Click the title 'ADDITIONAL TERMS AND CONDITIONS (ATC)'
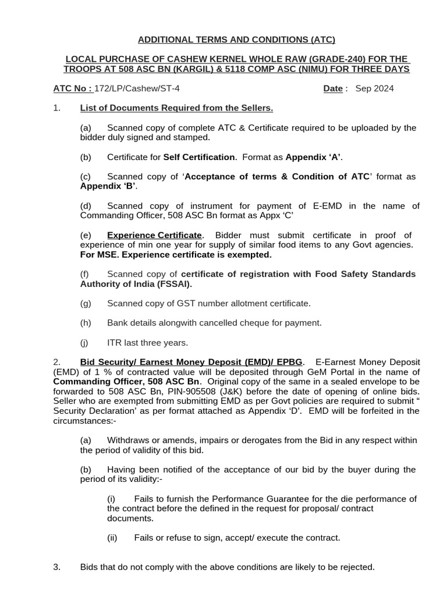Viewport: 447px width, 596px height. pos(236,40)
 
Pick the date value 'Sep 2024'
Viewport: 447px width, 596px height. pos(374,88)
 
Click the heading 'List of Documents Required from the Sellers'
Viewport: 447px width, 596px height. pos(176,108)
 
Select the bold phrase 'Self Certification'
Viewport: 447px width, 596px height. pos(200,157)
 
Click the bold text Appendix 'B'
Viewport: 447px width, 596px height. pos(108,186)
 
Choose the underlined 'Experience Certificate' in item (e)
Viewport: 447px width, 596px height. pos(154,235)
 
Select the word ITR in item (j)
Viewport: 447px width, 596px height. pos(115,342)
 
